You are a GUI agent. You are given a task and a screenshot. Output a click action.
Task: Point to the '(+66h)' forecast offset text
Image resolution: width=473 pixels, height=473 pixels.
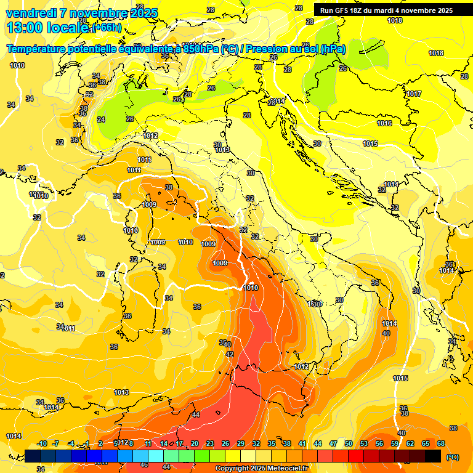point(106,28)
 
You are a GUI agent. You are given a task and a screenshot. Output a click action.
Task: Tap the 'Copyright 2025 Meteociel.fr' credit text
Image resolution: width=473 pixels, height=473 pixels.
point(262,469)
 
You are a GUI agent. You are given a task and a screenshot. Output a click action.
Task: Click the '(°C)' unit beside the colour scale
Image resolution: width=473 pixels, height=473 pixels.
point(452,456)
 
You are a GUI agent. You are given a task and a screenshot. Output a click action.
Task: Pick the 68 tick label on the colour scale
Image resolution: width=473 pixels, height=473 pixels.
point(441,443)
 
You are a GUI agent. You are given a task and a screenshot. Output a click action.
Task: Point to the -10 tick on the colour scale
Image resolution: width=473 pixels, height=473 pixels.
point(42,443)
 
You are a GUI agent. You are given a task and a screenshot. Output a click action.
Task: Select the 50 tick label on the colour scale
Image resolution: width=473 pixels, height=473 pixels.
point(349,443)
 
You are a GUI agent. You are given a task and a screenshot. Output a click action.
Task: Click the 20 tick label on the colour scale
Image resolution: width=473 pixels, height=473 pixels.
point(195,443)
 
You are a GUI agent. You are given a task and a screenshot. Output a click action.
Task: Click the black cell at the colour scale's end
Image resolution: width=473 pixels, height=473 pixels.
point(433,456)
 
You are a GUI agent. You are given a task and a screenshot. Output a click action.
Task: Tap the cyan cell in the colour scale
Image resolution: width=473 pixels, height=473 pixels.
point(156,456)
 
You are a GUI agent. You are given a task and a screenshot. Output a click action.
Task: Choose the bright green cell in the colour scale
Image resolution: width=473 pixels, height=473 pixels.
point(202,456)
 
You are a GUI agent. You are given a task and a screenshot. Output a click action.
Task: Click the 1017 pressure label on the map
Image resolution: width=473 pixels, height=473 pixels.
point(413,94)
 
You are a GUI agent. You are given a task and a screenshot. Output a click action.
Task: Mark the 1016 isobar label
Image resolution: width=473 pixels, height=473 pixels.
point(384,123)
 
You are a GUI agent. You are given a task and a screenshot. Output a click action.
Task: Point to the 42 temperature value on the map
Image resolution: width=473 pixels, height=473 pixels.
point(230,354)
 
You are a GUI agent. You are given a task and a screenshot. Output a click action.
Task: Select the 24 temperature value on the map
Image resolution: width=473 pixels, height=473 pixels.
point(101,119)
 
